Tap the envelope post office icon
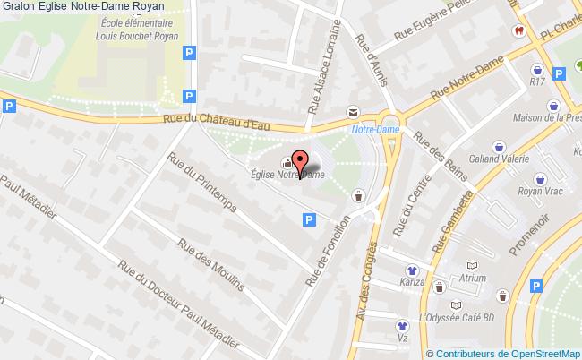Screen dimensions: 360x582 click(353, 111)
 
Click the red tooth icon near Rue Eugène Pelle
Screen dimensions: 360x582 click(518, 30)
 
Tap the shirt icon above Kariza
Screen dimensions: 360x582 click(412, 268)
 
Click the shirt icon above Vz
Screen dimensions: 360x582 click(404, 327)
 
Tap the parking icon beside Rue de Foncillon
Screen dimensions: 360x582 click(309, 219)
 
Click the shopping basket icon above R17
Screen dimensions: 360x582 click(536, 69)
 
